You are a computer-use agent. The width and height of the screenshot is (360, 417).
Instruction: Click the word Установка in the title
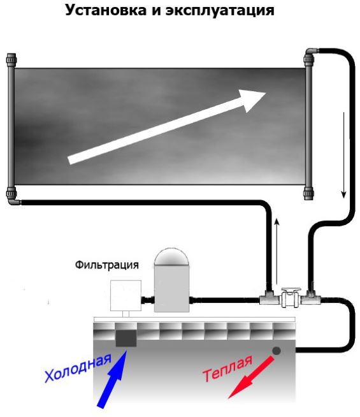(106, 10)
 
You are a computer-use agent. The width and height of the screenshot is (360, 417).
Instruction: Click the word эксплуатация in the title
(220, 11)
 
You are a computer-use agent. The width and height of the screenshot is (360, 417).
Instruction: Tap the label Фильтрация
(107, 265)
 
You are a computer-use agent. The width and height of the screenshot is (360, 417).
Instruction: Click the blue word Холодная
(78, 368)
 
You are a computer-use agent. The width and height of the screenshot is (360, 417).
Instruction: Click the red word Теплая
(227, 368)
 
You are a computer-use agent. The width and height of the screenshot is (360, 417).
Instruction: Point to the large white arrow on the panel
(167, 127)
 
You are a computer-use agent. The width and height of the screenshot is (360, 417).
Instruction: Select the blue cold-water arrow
(112, 379)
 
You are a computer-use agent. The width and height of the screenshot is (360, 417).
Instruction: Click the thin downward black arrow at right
(344, 155)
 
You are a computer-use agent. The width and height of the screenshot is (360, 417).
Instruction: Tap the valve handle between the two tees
(291, 290)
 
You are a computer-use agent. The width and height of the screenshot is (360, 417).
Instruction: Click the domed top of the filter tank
(171, 256)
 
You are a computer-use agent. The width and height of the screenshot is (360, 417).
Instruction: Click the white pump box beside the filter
(126, 295)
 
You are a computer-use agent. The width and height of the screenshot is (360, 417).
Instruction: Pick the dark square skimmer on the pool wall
(126, 339)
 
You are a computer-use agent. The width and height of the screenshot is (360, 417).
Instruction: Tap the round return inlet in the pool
(277, 351)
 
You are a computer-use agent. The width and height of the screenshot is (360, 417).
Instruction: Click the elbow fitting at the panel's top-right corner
(312, 52)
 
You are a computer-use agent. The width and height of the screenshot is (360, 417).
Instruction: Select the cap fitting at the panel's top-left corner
(11, 59)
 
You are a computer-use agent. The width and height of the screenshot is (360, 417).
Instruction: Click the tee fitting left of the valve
(269, 299)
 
